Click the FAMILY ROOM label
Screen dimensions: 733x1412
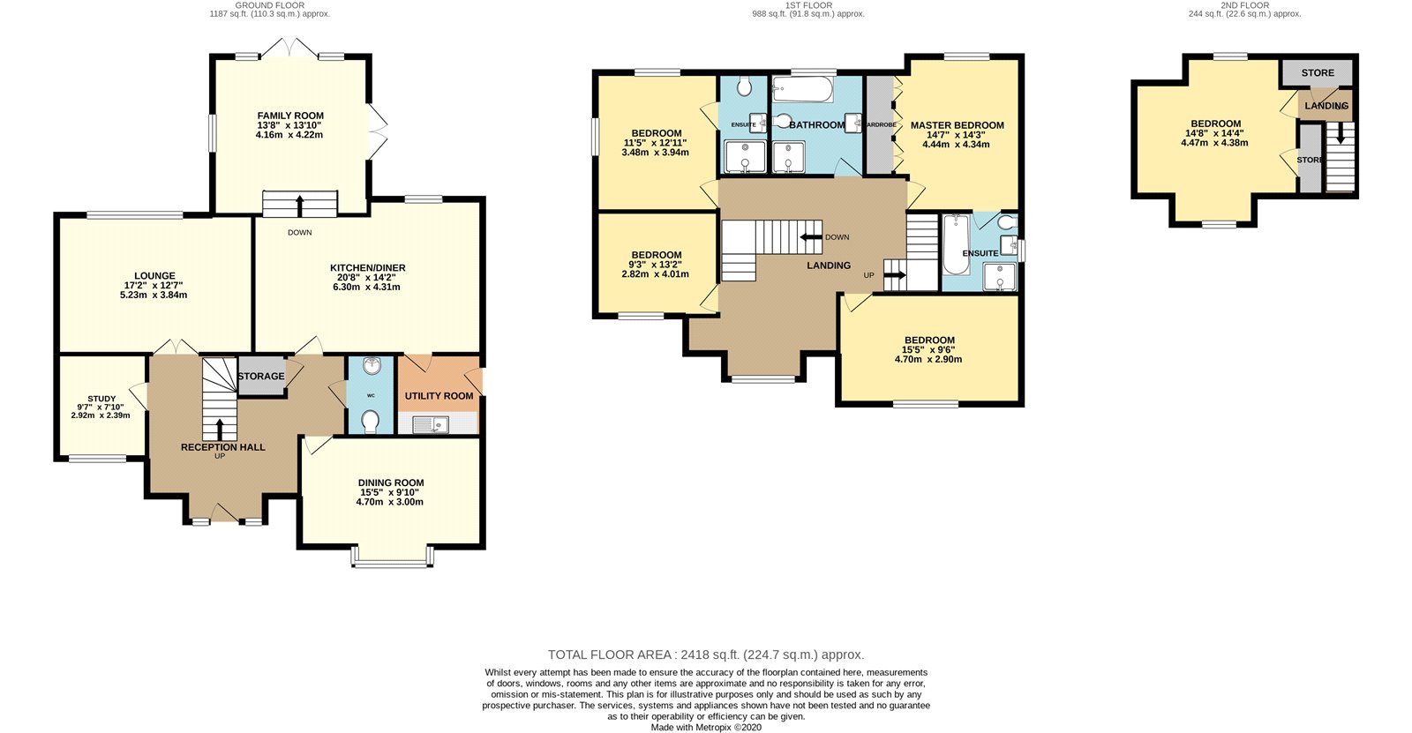click(290, 116)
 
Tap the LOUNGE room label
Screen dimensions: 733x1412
click(154, 276)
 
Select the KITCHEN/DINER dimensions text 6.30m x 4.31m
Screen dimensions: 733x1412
click(366, 287)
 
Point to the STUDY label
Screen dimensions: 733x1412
click(101, 399)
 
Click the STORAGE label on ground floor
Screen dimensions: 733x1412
click(261, 376)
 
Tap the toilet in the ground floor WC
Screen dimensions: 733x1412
click(371, 421)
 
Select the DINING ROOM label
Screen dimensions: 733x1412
click(391, 482)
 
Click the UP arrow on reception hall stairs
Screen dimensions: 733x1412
click(220, 428)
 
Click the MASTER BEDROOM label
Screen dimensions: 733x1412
click(958, 125)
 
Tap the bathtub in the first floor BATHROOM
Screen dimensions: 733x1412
click(802, 88)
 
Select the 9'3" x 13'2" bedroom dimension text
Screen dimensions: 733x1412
click(657, 265)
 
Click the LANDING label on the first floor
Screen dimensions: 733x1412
click(829, 266)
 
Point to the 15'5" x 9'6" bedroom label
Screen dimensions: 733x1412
click(929, 340)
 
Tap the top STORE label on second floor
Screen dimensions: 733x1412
click(1318, 73)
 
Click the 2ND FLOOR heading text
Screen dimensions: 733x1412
click(1244, 5)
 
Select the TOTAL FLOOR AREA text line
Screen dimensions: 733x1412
click(706, 654)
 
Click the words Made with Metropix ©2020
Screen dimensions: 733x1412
click(706, 728)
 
